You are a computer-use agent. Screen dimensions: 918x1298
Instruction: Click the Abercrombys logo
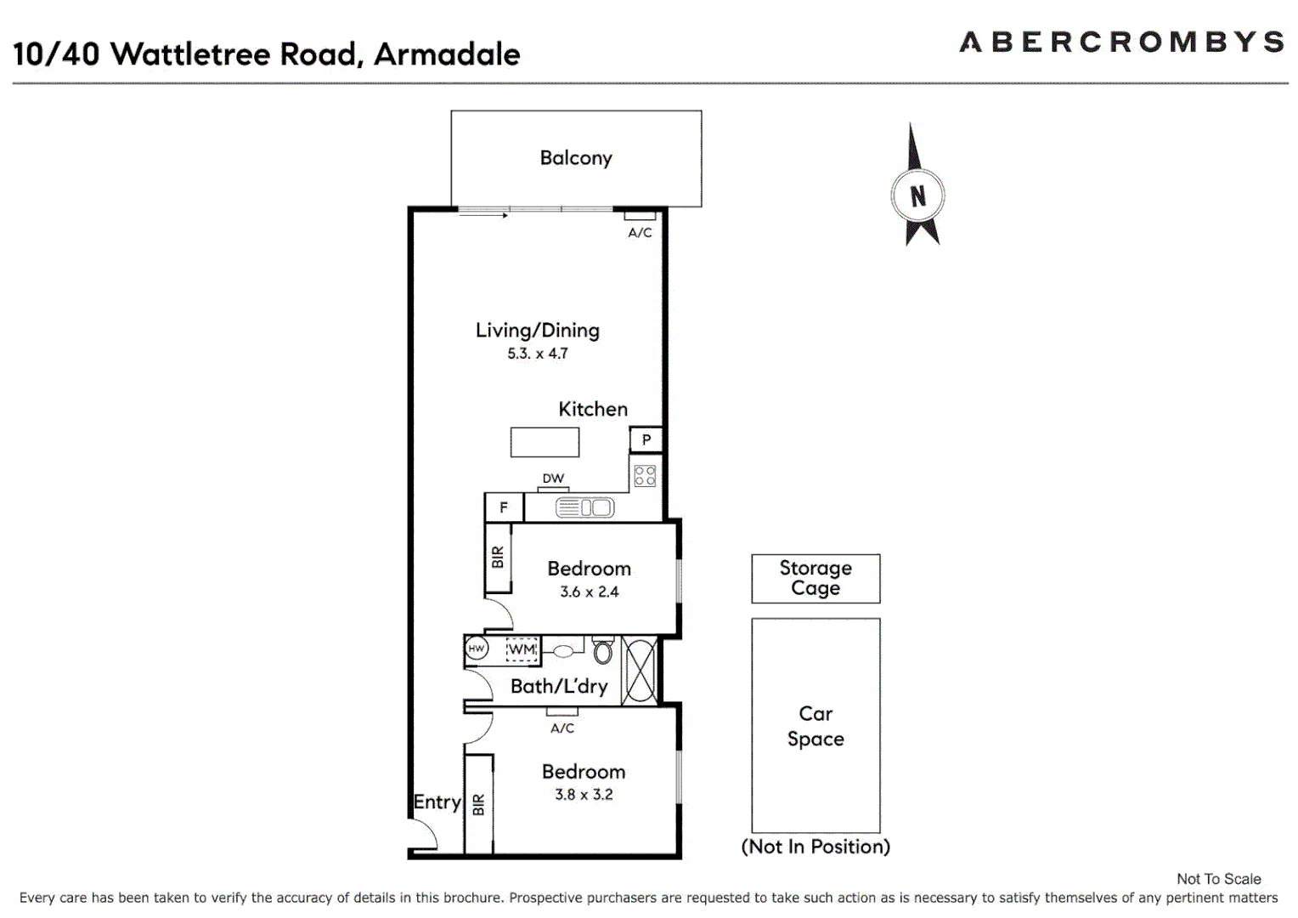[x=1121, y=42]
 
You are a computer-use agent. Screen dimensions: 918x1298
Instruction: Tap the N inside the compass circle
[x=917, y=196]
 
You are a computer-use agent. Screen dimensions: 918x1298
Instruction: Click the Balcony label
[x=576, y=158]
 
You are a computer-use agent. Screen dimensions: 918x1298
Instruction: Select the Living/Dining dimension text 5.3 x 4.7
[x=538, y=354]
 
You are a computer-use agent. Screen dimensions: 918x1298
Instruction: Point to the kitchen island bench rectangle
[x=545, y=442]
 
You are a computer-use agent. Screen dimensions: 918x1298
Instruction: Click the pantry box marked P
[x=646, y=439]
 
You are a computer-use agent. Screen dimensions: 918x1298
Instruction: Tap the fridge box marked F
[x=504, y=507]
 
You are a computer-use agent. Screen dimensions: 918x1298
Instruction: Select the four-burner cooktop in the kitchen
[x=645, y=475]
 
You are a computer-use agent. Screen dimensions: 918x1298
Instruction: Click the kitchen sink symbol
[x=584, y=508]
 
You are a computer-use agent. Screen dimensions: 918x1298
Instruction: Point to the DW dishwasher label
[x=553, y=479]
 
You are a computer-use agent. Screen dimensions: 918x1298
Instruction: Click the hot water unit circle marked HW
[x=477, y=649]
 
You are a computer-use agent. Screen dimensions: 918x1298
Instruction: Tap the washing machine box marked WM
[x=522, y=649]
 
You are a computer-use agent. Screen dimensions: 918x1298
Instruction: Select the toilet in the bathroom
[x=603, y=650]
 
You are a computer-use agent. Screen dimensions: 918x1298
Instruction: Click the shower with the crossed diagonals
[x=639, y=671]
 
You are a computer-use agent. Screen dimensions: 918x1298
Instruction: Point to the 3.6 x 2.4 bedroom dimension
[x=590, y=592]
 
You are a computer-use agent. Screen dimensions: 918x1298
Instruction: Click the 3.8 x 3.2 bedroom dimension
[x=584, y=795]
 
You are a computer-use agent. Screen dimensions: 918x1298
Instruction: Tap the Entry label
[x=437, y=802]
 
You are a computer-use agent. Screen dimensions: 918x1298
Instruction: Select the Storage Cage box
[x=815, y=579]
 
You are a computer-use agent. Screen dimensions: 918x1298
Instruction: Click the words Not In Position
[x=815, y=847]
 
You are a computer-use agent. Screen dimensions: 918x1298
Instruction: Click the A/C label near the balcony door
[x=640, y=232]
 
